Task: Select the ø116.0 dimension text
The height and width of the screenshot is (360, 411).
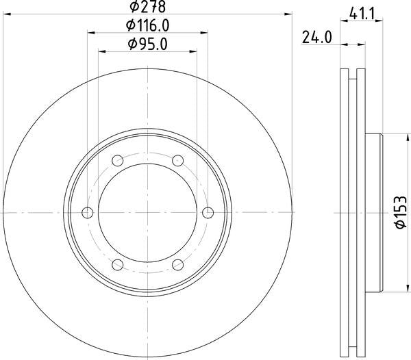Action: (x=148, y=26)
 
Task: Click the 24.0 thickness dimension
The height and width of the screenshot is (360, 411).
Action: (x=316, y=38)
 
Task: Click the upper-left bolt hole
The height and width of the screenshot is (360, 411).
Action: (x=118, y=161)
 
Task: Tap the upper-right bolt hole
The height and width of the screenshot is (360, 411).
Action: (x=178, y=161)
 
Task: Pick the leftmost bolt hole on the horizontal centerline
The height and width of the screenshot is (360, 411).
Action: (x=88, y=213)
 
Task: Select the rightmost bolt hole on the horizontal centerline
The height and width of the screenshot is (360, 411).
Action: (x=208, y=213)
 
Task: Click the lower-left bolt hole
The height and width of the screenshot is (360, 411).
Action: (x=118, y=265)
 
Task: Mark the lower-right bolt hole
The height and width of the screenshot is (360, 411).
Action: (x=178, y=265)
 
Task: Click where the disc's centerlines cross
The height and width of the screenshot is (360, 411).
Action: (x=148, y=213)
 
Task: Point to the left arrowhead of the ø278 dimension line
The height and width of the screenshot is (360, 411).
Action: (x=5, y=14)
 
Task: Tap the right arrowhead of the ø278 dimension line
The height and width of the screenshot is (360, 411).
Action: (x=290, y=14)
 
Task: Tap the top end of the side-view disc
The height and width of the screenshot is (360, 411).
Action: (x=353, y=70)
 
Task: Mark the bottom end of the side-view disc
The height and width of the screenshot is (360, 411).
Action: (x=353, y=355)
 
